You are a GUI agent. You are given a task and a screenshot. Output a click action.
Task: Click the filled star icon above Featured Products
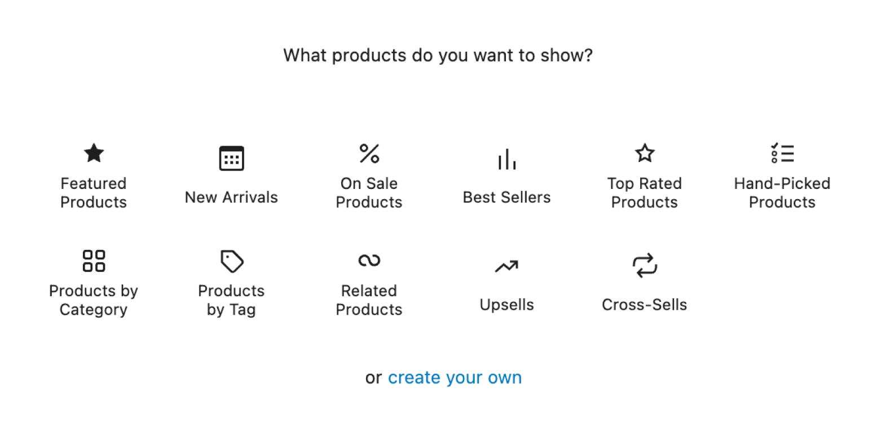point(94,153)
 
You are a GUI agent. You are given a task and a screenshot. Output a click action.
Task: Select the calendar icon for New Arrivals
point(231,158)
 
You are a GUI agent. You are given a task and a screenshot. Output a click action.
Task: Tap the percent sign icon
point(369,153)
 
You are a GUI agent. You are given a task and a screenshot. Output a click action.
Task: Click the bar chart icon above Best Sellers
point(507,159)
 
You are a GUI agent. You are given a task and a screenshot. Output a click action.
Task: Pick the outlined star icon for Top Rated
point(645,153)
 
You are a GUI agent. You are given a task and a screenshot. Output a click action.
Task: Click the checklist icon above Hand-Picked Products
point(782,153)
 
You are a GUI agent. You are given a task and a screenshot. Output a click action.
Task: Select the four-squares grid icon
point(94,261)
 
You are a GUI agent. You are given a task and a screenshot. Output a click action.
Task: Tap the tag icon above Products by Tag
point(231,261)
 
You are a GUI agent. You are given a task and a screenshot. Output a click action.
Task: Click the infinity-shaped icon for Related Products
point(369,260)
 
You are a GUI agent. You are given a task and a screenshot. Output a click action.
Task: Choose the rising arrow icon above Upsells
point(506,266)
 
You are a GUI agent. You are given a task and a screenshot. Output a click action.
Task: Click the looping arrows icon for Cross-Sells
point(645,266)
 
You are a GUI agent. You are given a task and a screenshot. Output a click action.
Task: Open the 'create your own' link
point(455,377)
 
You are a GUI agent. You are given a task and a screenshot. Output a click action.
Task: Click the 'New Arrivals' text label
point(231,197)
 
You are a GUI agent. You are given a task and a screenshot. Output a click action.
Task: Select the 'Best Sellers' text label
point(506,197)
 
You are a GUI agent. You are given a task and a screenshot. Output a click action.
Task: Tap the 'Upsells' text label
point(506,305)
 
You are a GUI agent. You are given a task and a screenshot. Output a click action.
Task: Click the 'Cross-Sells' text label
point(644,305)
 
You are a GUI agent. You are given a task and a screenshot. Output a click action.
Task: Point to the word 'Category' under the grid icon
point(94,310)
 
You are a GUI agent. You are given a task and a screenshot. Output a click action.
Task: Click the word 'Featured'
point(94,183)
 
